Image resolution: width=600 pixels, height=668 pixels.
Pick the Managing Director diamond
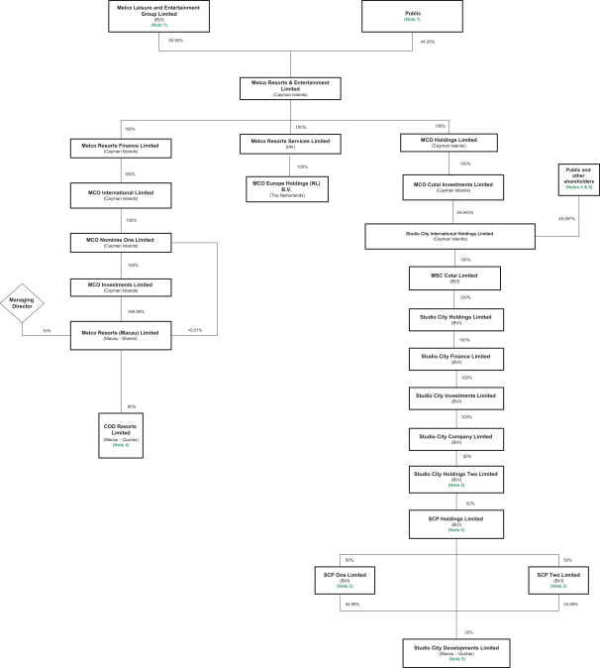click(22, 304)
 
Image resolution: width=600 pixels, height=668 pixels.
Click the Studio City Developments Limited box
click(455, 649)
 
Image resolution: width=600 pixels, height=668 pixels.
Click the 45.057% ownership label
click(566, 218)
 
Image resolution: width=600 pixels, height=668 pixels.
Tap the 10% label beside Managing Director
click(47, 330)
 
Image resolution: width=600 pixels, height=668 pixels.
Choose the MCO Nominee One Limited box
click(121, 241)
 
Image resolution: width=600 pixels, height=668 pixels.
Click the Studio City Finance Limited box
click(454, 357)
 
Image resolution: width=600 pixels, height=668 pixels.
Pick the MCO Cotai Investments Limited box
click(454, 185)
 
